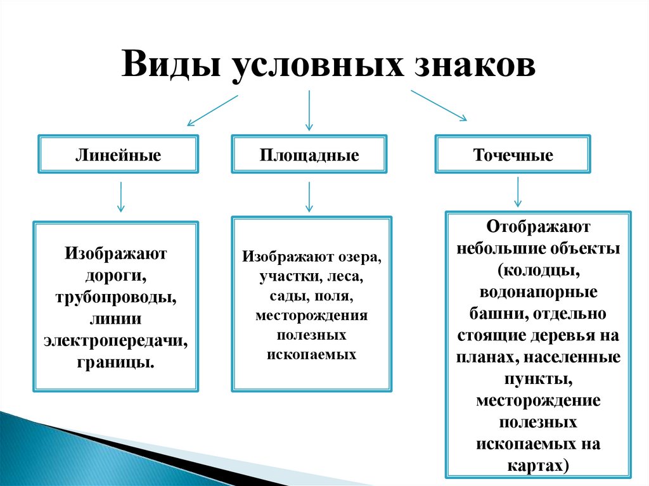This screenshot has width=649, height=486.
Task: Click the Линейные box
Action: [118, 154]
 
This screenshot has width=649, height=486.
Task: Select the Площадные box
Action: [309, 154]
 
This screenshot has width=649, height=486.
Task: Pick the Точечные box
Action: [513, 154]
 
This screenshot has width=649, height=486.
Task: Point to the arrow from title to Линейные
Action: [212, 110]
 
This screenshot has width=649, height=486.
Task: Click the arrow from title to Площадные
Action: [309, 110]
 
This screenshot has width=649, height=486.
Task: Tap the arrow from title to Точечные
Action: [439, 105]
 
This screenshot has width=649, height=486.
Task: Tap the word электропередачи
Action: [116, 341]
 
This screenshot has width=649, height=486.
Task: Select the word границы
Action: [116, 362]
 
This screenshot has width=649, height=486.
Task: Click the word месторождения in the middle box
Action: [311, 315]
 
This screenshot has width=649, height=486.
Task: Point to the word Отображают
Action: [539, 226]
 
